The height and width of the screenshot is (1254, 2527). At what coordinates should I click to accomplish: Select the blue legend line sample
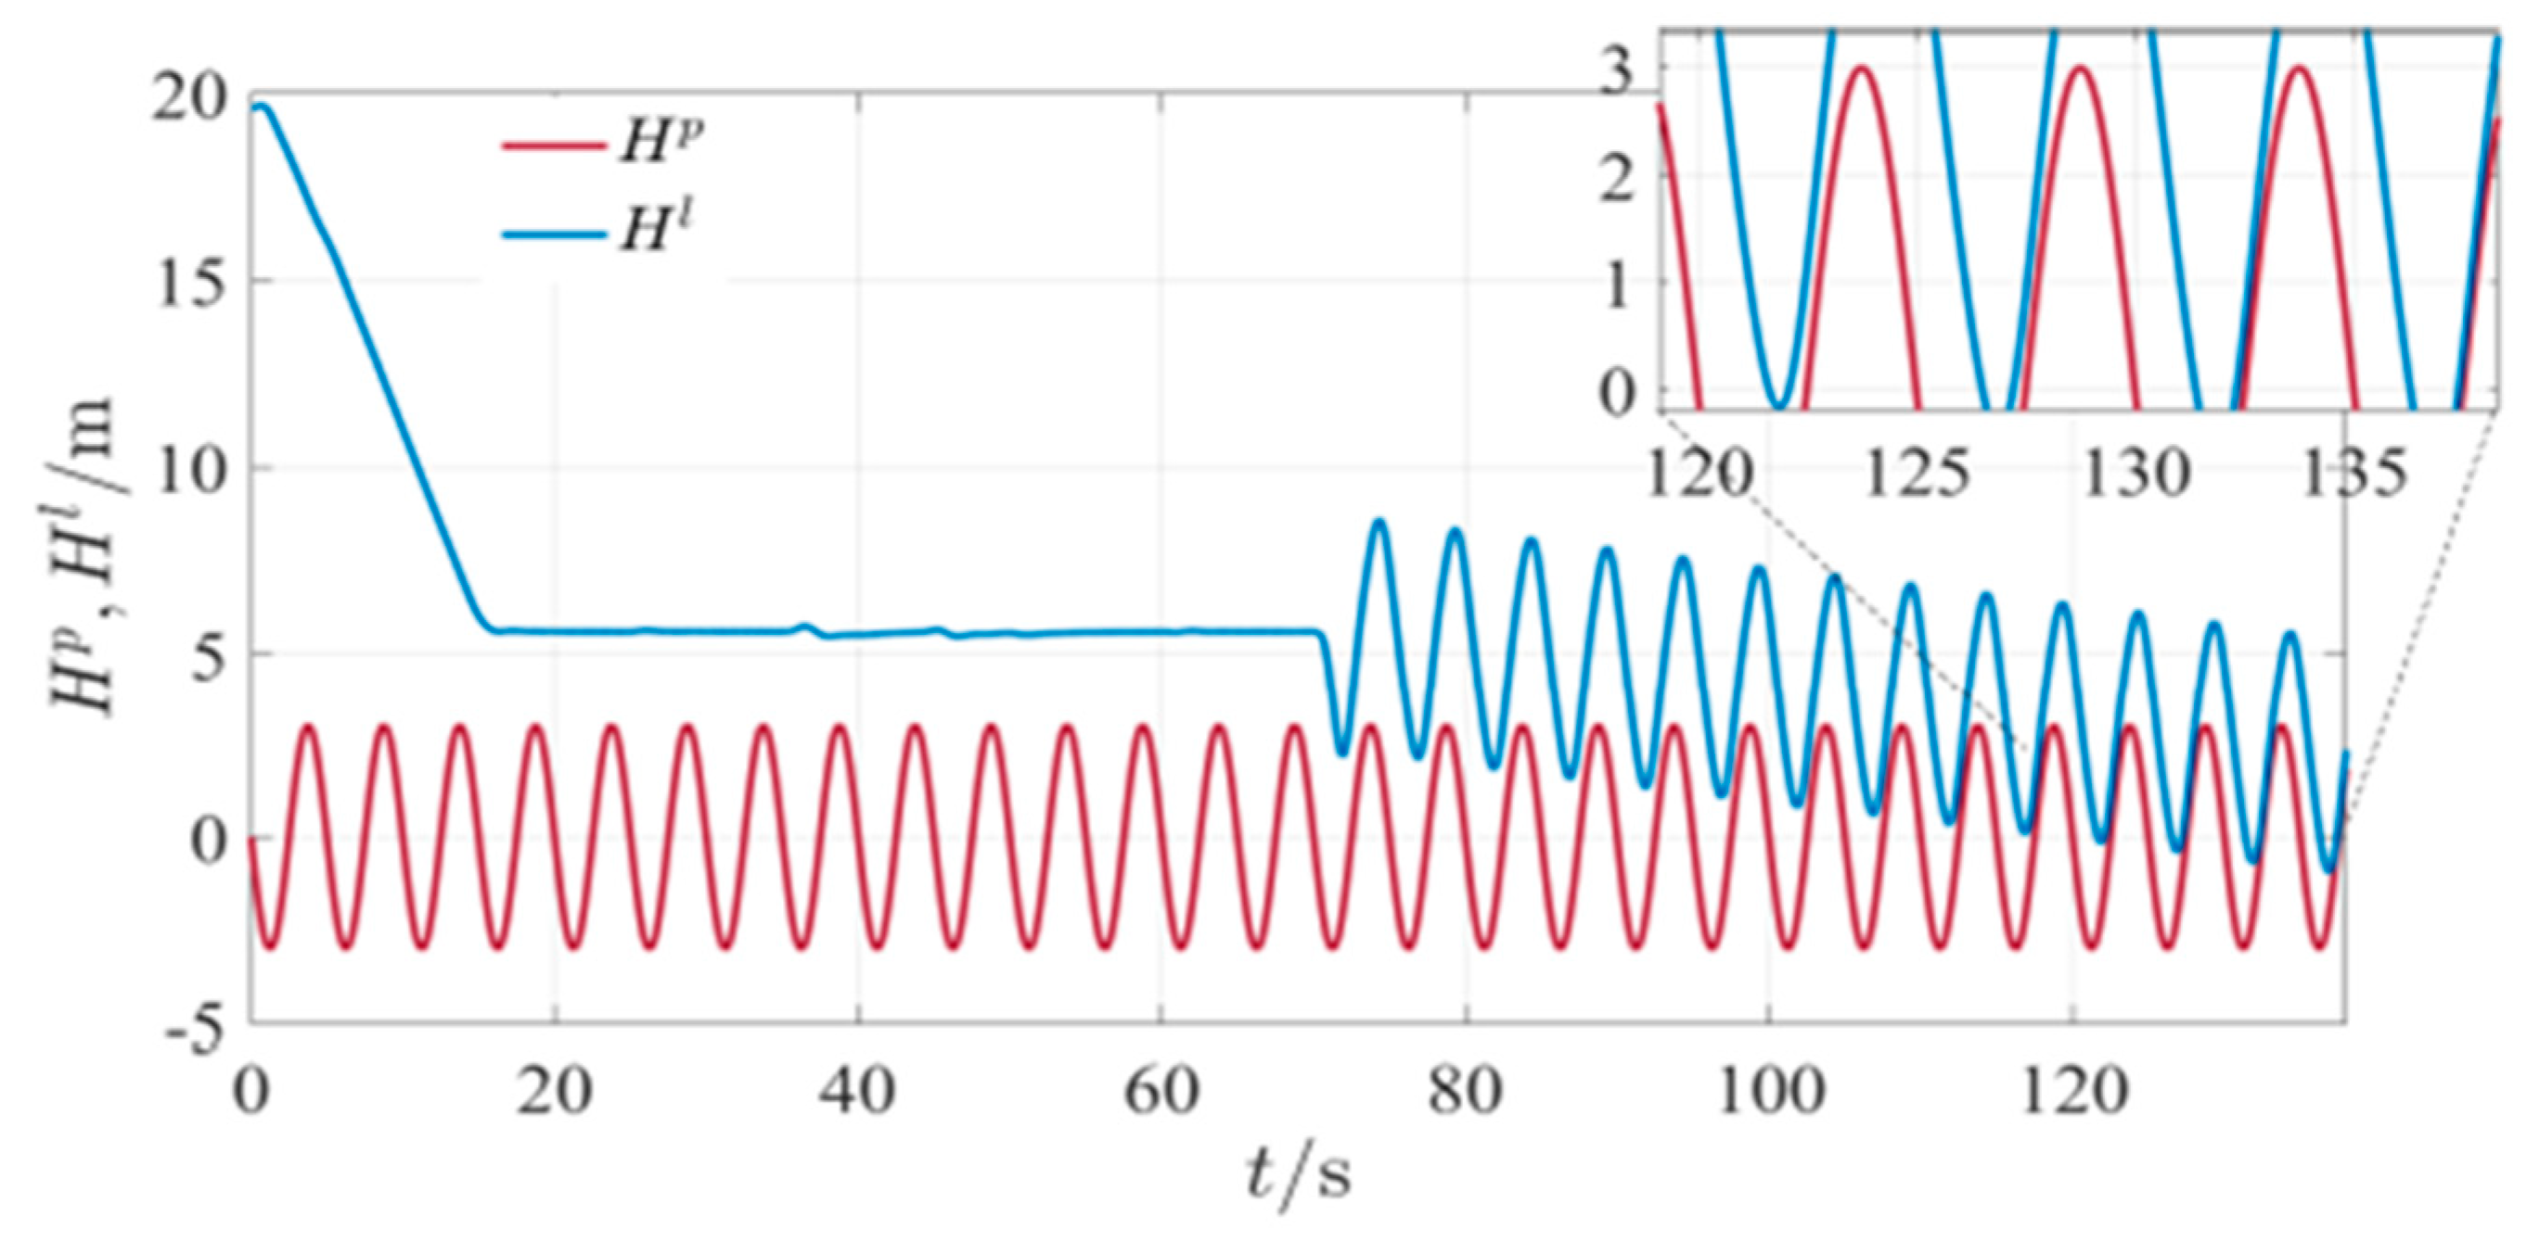coord(551,235)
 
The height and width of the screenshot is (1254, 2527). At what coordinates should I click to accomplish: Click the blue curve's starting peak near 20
coord(259,106)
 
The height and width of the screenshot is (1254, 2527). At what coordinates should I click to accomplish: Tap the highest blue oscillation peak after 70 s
coord(1379,522)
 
